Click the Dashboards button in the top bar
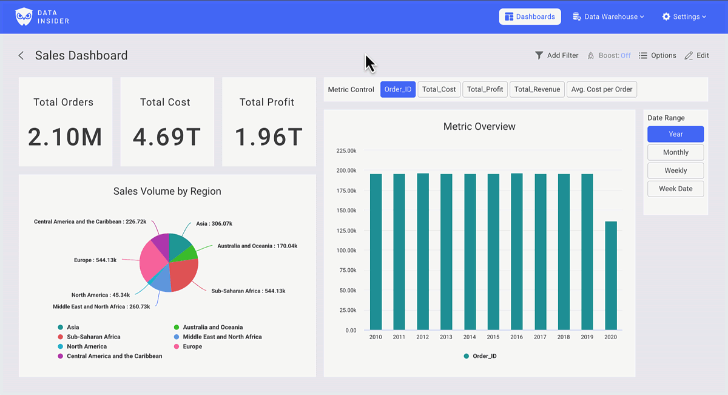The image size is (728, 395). pos(530,17)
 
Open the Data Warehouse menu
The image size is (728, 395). pos(608,17)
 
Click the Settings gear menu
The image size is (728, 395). pos(684,17)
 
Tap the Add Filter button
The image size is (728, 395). pos(556,55)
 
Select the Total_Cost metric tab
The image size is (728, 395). pos(439,89)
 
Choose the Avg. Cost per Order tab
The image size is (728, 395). pos(602,89)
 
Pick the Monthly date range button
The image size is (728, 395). pos(675,152)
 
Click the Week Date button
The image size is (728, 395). pos(675,189)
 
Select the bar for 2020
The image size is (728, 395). pos(610,276)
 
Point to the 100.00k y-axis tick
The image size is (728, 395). pos(346,251)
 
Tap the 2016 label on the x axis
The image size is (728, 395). pos(516,337)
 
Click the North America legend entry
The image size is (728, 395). pos(86,346)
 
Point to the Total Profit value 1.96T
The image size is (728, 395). pos(268,138)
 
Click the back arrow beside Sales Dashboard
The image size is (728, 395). pos(21,56)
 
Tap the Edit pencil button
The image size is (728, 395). pos(696,55)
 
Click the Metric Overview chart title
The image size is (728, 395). pos(479,127)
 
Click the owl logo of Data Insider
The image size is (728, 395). pos(24,17)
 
